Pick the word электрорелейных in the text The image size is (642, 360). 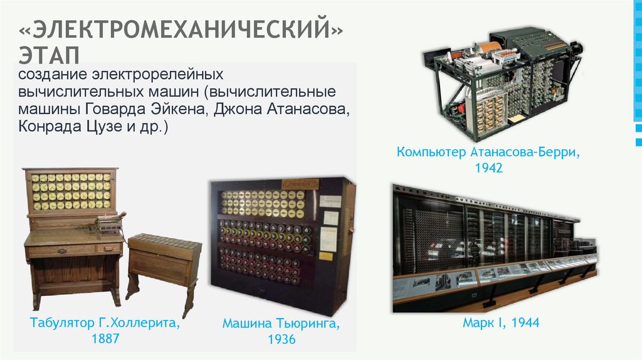pos(158,75)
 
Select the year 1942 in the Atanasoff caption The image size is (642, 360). pos(489,168)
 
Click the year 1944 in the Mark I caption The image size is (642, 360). pos(525,323)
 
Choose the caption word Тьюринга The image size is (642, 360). pos(307,324)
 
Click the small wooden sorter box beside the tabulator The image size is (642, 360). pos(164,257)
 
